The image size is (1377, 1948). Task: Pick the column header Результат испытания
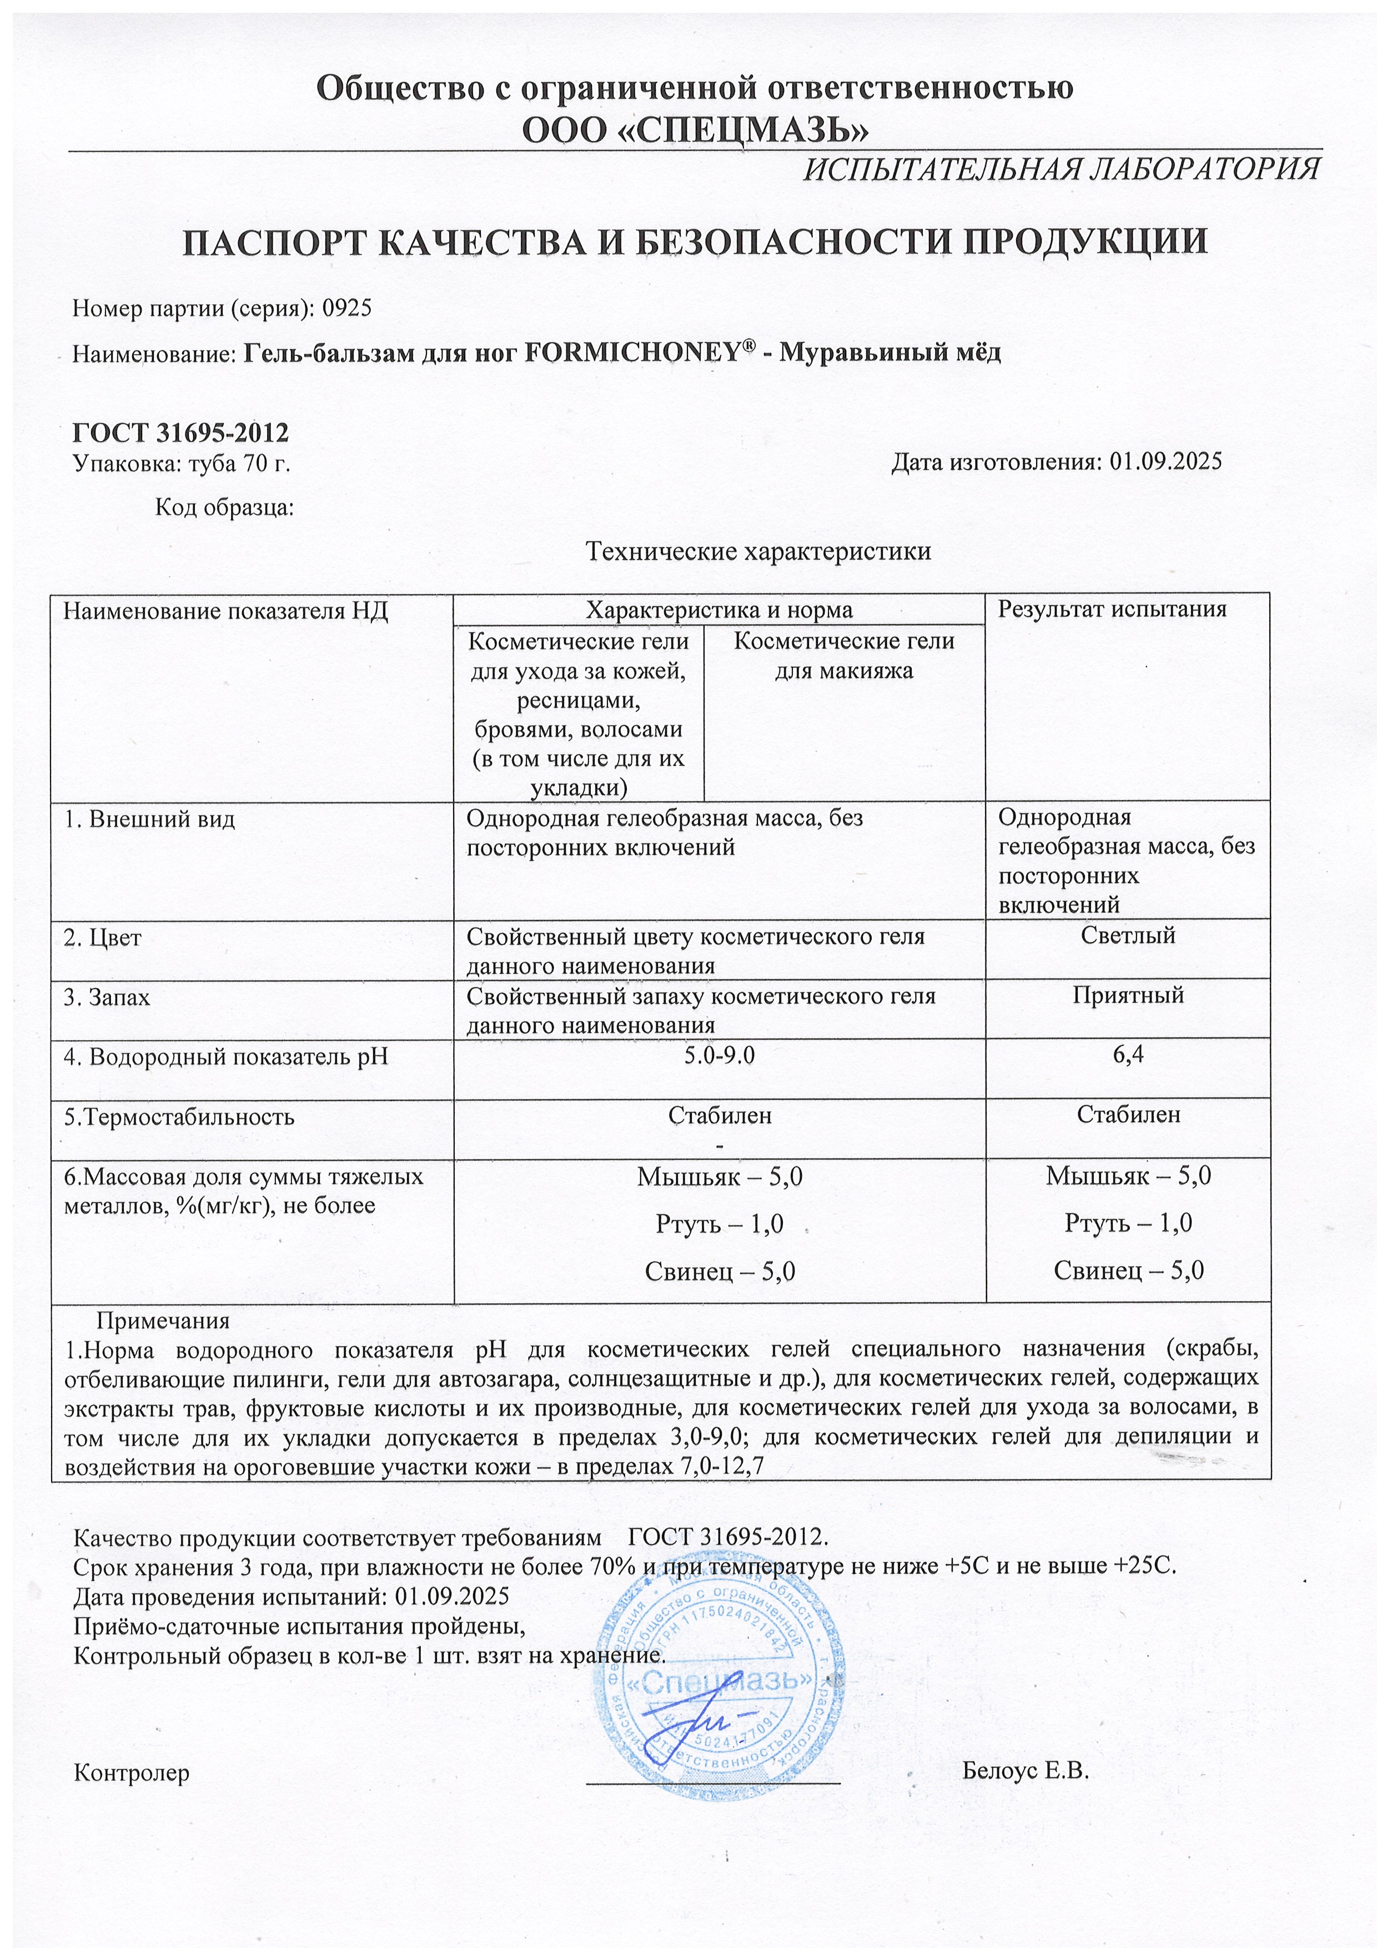tap(1112, 609)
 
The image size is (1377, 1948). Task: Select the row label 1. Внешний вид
tap(150, 820)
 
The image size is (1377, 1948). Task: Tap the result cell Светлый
tap(1128, 936)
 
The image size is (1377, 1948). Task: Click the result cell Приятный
tap(1128, 995)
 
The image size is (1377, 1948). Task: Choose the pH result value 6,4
tap(1128, 1056)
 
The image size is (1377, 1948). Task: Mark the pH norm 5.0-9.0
tap(720, 1056)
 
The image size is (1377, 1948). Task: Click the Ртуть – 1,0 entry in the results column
tap(1128, 1223)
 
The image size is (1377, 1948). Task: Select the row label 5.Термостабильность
tap(180, 1117)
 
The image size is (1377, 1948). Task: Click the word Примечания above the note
tap(163, 1321)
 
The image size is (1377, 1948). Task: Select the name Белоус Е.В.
tap(1025, 1771)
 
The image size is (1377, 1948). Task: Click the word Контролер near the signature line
tap(132, 1773)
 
